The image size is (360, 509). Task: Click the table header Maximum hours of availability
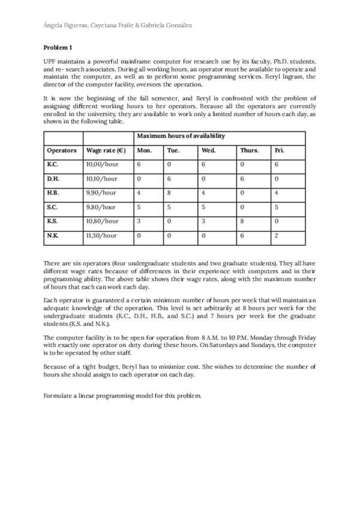[x=181, y=136]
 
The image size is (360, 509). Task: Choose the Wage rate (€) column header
[x=106, y=150]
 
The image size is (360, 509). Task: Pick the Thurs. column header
[x=249, y=150]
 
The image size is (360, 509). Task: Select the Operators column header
[x=61, y=150]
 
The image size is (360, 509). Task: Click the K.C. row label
[x=53, y=164]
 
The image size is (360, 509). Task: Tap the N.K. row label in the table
[x=53, y=236]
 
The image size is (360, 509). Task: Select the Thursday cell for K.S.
[x=242, y=221]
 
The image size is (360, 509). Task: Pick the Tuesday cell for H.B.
[x=169, y=193]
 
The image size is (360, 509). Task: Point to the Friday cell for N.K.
[x=276, y=236]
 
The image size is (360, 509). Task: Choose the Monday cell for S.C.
[x=139, y=207]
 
